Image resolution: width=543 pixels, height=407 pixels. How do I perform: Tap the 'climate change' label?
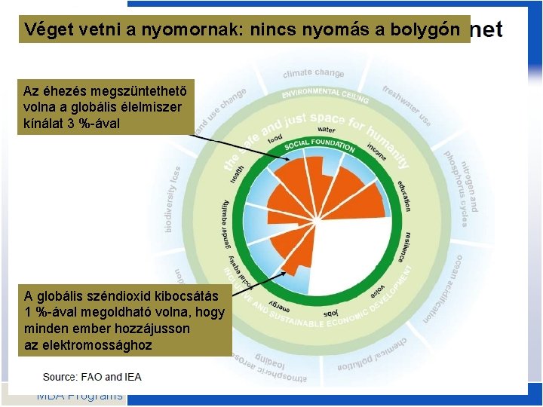point(314,73)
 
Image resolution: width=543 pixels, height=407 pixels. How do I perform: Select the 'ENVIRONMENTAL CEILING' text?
point(325,95)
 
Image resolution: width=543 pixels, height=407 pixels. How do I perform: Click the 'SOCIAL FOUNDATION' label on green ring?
point(320,145)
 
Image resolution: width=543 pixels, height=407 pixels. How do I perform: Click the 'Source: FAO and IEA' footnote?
point(92,377)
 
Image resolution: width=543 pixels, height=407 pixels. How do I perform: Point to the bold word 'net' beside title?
point(486,29)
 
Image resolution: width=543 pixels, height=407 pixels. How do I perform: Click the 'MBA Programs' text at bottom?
point(79,396)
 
